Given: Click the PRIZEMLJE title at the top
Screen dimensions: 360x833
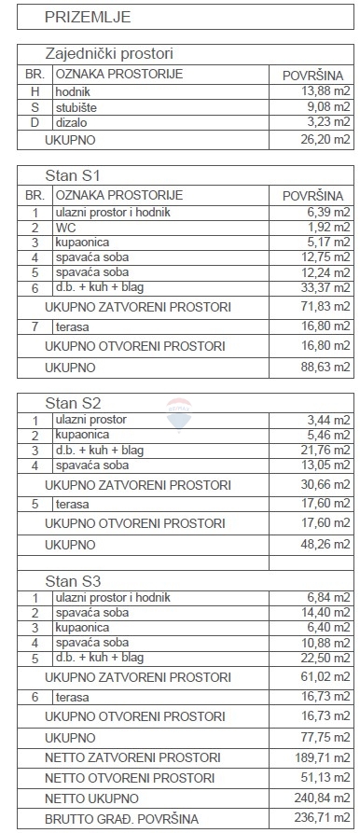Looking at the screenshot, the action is (x=87, y=16).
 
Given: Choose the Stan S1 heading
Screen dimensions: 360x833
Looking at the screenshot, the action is (x=73, y=175).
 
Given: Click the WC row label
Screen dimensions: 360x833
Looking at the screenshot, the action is (x=67, y=227).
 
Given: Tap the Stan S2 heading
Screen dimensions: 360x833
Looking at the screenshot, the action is (x=73, y=403).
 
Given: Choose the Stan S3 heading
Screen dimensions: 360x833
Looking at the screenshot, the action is (x=73, y=581).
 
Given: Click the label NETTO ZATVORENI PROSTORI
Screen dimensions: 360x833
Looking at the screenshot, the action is (x=132, y=757).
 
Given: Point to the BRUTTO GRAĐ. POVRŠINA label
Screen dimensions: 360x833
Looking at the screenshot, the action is (x=122, y=818).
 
